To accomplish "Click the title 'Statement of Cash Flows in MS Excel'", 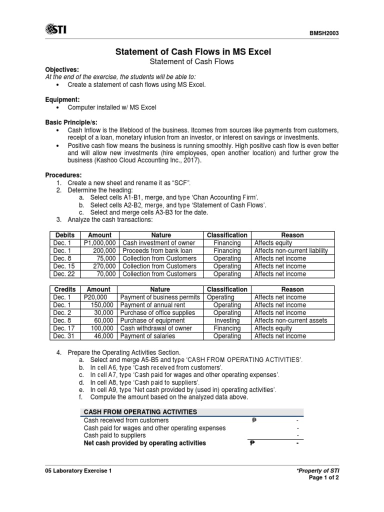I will point(193,52).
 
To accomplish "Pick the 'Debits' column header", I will point(65,235).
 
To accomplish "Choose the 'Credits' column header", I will point(65,289).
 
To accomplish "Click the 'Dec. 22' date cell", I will point(62,274).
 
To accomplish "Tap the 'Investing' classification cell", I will point(227,320).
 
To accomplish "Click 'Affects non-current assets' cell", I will point(291,320).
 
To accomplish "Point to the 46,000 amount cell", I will point(105,336).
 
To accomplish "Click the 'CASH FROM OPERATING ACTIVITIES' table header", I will point(140,412).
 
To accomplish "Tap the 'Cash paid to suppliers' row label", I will point(115,435).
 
